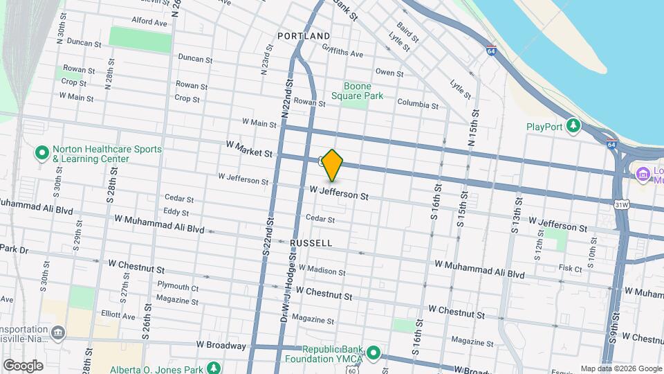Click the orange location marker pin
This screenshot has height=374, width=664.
[x=333, y=166]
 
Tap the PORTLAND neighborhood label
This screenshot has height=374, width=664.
[x=304, y=35]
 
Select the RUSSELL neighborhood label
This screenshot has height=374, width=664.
[x=311, y=243]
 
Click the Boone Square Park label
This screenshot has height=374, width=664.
[x=357, y=91]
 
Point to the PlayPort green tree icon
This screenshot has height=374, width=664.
[x=573, y=126]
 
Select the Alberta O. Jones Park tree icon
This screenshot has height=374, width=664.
[x=215, y=366]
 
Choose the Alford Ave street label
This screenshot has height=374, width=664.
[x=149, y=22]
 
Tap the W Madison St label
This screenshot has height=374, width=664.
[x=322, y=270]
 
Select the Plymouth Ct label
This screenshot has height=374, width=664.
[x=178, y=286]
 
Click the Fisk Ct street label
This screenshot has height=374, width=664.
[x=571, y=267]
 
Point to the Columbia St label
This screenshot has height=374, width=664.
[x=418, y=105]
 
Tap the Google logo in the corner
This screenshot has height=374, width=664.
[x=23, y=365]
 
